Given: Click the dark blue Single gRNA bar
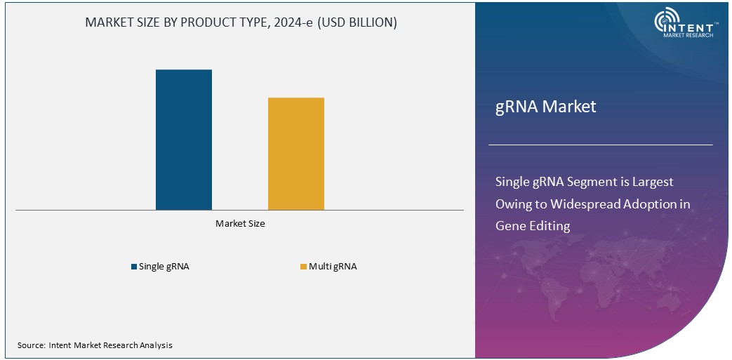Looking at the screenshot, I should (184, 140).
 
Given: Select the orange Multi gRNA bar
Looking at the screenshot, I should (296, 154).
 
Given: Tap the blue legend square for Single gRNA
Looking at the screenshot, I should (134, 267).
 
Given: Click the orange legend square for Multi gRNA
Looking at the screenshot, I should (303, 267).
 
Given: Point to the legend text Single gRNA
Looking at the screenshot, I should (164, 267).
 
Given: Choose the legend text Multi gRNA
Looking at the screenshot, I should (333, 267).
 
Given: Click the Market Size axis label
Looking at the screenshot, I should (240, 224).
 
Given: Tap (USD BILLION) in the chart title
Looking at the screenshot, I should (358, 22).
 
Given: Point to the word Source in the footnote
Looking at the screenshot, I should (31, 345).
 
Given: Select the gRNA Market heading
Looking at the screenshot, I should (545, 107).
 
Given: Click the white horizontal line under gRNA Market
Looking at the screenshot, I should (600, 145).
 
